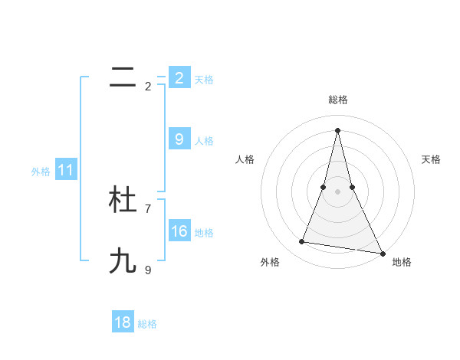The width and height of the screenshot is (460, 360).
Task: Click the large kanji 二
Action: [123, 77]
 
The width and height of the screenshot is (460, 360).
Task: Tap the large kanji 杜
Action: [123, 200]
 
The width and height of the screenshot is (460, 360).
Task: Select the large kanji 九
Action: [123, 261]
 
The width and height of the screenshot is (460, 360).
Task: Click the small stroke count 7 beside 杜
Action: [148, 208]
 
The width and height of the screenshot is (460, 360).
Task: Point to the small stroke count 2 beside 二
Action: [148, 86]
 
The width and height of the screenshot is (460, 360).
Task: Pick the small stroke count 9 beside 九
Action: [148, 270]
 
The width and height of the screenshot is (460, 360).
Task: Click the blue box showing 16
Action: [179, 231]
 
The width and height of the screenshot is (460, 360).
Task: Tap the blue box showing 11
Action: [65, 171]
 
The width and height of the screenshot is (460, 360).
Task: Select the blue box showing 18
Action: [123, 322]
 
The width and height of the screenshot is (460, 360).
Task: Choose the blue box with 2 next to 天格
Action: [179, 78]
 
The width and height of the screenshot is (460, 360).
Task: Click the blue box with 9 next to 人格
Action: [179, 139]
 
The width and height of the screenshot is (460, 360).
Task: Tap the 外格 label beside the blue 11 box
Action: [41, 172]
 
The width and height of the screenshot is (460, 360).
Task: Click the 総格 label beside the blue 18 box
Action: [147, 324]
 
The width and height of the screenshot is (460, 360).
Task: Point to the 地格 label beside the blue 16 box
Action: [204, 233]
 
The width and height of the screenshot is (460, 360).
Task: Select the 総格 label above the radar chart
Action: [338, 100]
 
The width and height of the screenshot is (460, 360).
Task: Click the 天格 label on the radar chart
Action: [431, 159]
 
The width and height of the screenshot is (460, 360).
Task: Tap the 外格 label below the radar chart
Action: [269, 262]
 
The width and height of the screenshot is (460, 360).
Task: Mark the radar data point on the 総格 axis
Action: [337, 129]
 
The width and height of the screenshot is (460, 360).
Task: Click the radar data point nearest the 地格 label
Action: [383, 254]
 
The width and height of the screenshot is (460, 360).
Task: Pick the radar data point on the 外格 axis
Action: [302, 242]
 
